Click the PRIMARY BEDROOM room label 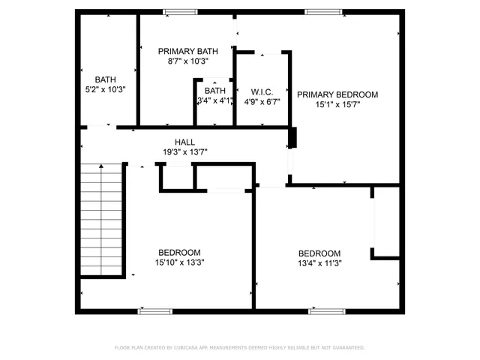[337, 94]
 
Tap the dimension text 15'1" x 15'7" [337, 105]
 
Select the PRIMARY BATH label [187, 51]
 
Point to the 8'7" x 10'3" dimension [187, 61]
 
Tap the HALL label [184, 142]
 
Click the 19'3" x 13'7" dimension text [184, 152]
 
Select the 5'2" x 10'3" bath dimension [105, 89]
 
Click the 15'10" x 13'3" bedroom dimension [179, 262]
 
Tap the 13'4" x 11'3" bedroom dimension [319, 264]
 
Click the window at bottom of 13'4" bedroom [327, 310]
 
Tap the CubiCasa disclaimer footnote [239, 347]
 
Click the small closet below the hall [178, 176]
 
